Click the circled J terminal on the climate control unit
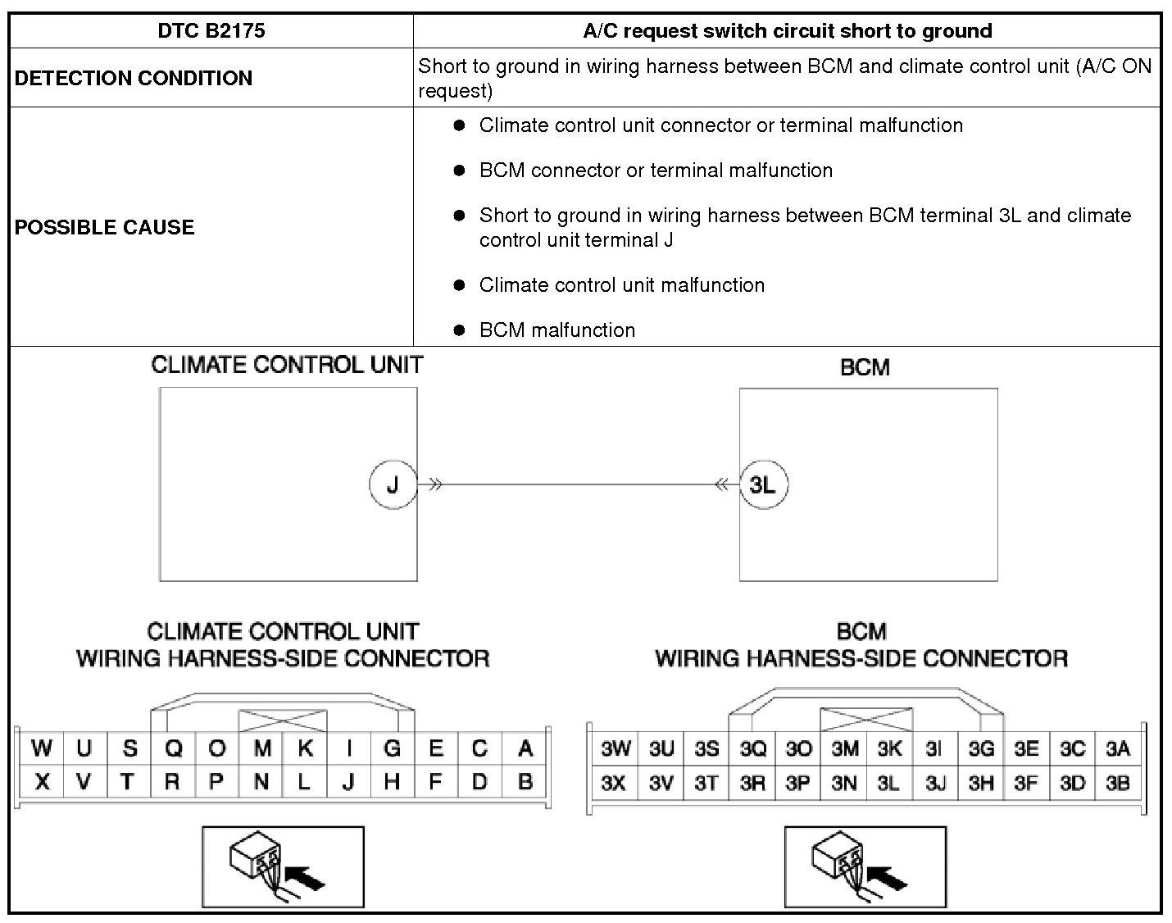pos(393,484)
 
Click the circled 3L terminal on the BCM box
pos(763,484)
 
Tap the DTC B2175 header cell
pos(211,31)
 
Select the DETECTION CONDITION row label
pos(134,78)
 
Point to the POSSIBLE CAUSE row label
pos(105,227)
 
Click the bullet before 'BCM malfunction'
pos(460,330)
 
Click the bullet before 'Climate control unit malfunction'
pos(460,285)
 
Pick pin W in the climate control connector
pos(41,748)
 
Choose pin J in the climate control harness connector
pos(348,782)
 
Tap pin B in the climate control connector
pos(525,782)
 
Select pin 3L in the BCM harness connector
pos(888,784)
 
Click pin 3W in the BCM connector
pos(616,748)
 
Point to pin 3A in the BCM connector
pos(1117,748)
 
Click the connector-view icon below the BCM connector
pos(865,866)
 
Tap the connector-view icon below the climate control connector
pos(283,866)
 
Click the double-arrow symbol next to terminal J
pos(435,484)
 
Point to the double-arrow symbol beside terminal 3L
pos(721,484)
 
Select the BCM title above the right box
pos(865,367)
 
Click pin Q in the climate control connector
pos(173,748)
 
